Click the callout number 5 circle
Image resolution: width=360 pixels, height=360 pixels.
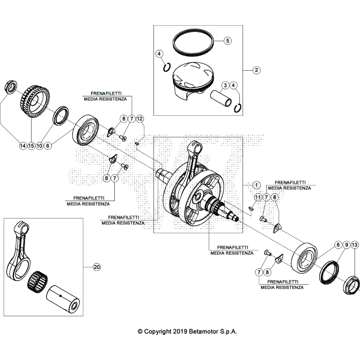(x=227, y=41)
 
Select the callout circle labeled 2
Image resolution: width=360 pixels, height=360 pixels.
(x=256, y=70)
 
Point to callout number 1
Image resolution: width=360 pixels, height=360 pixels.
(x=256, y=185)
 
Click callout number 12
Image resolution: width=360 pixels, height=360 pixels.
(x=140, y=119)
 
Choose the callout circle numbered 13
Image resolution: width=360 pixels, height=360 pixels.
(x=355, y=246)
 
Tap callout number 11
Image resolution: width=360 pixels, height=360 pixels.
(x=258, y=197)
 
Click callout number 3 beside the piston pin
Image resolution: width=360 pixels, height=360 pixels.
(x=225, y=86)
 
